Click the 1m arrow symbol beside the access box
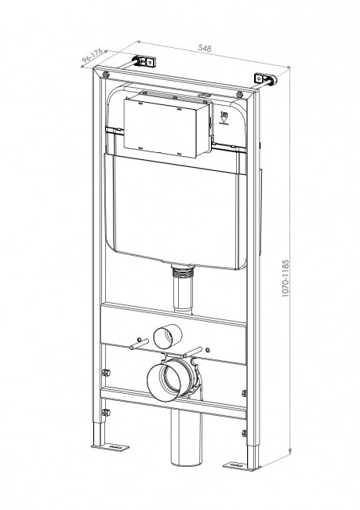(223, 118)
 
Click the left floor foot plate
(104, 447)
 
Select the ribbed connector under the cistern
(184, 271)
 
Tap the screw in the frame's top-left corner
(105, 75)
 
